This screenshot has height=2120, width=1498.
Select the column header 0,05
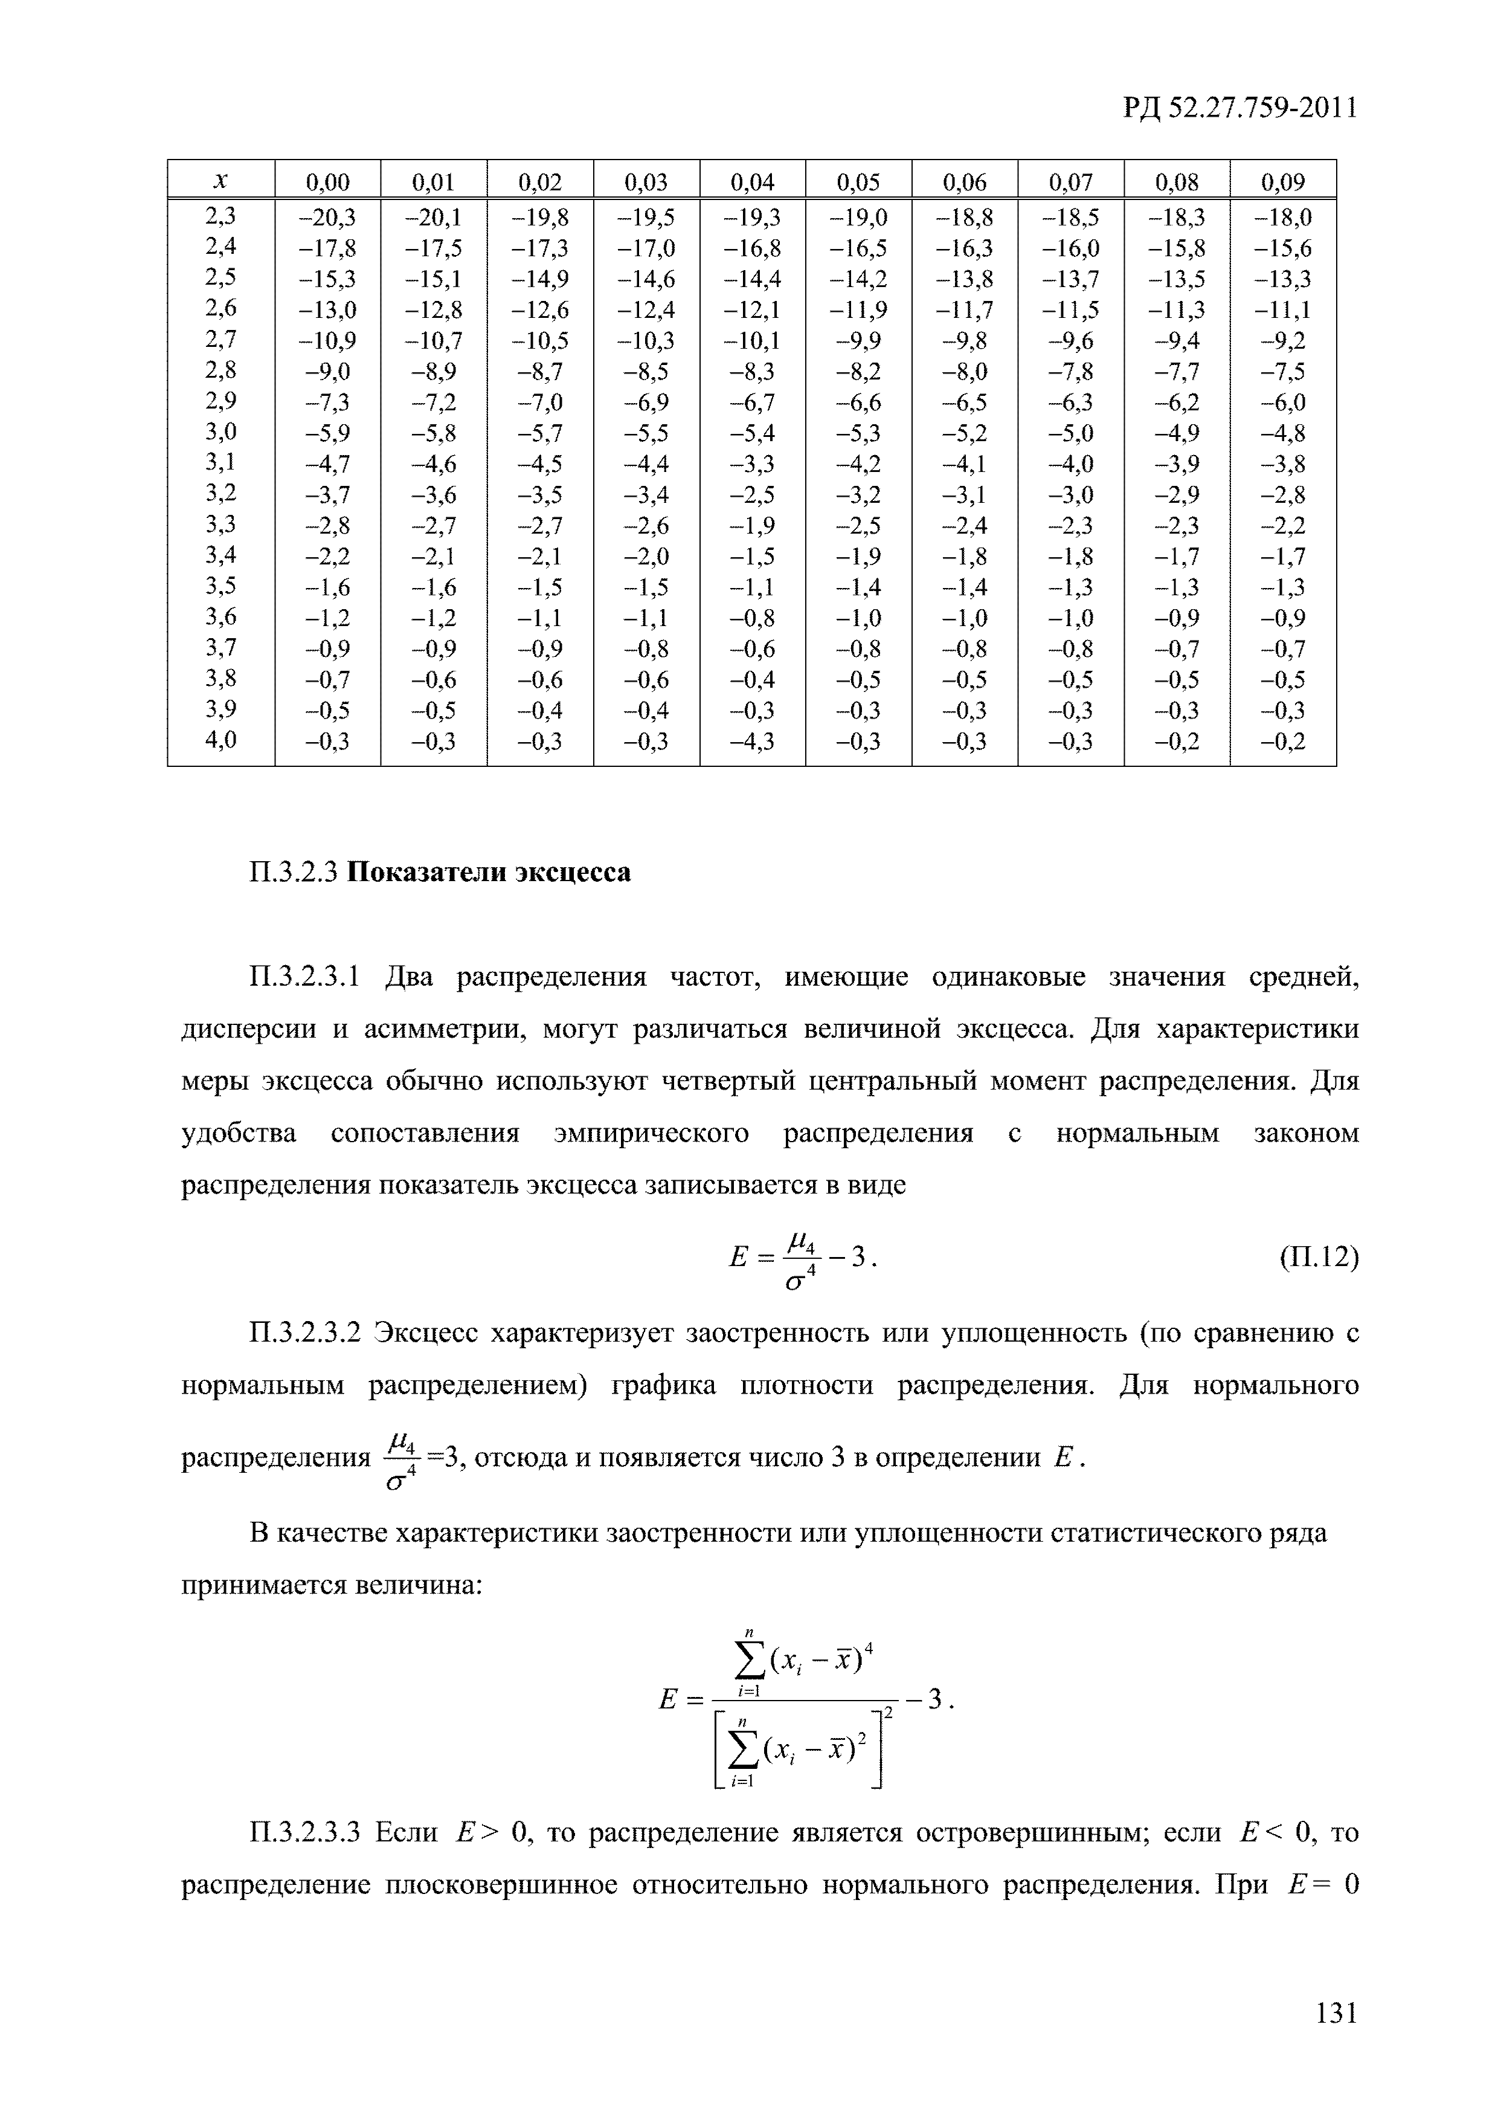tap(858, 182)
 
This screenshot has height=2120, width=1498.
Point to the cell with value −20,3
tap(327, 218)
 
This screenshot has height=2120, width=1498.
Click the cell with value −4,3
tap(752, 742)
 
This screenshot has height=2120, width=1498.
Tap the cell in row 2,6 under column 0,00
tap(327, 310)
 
